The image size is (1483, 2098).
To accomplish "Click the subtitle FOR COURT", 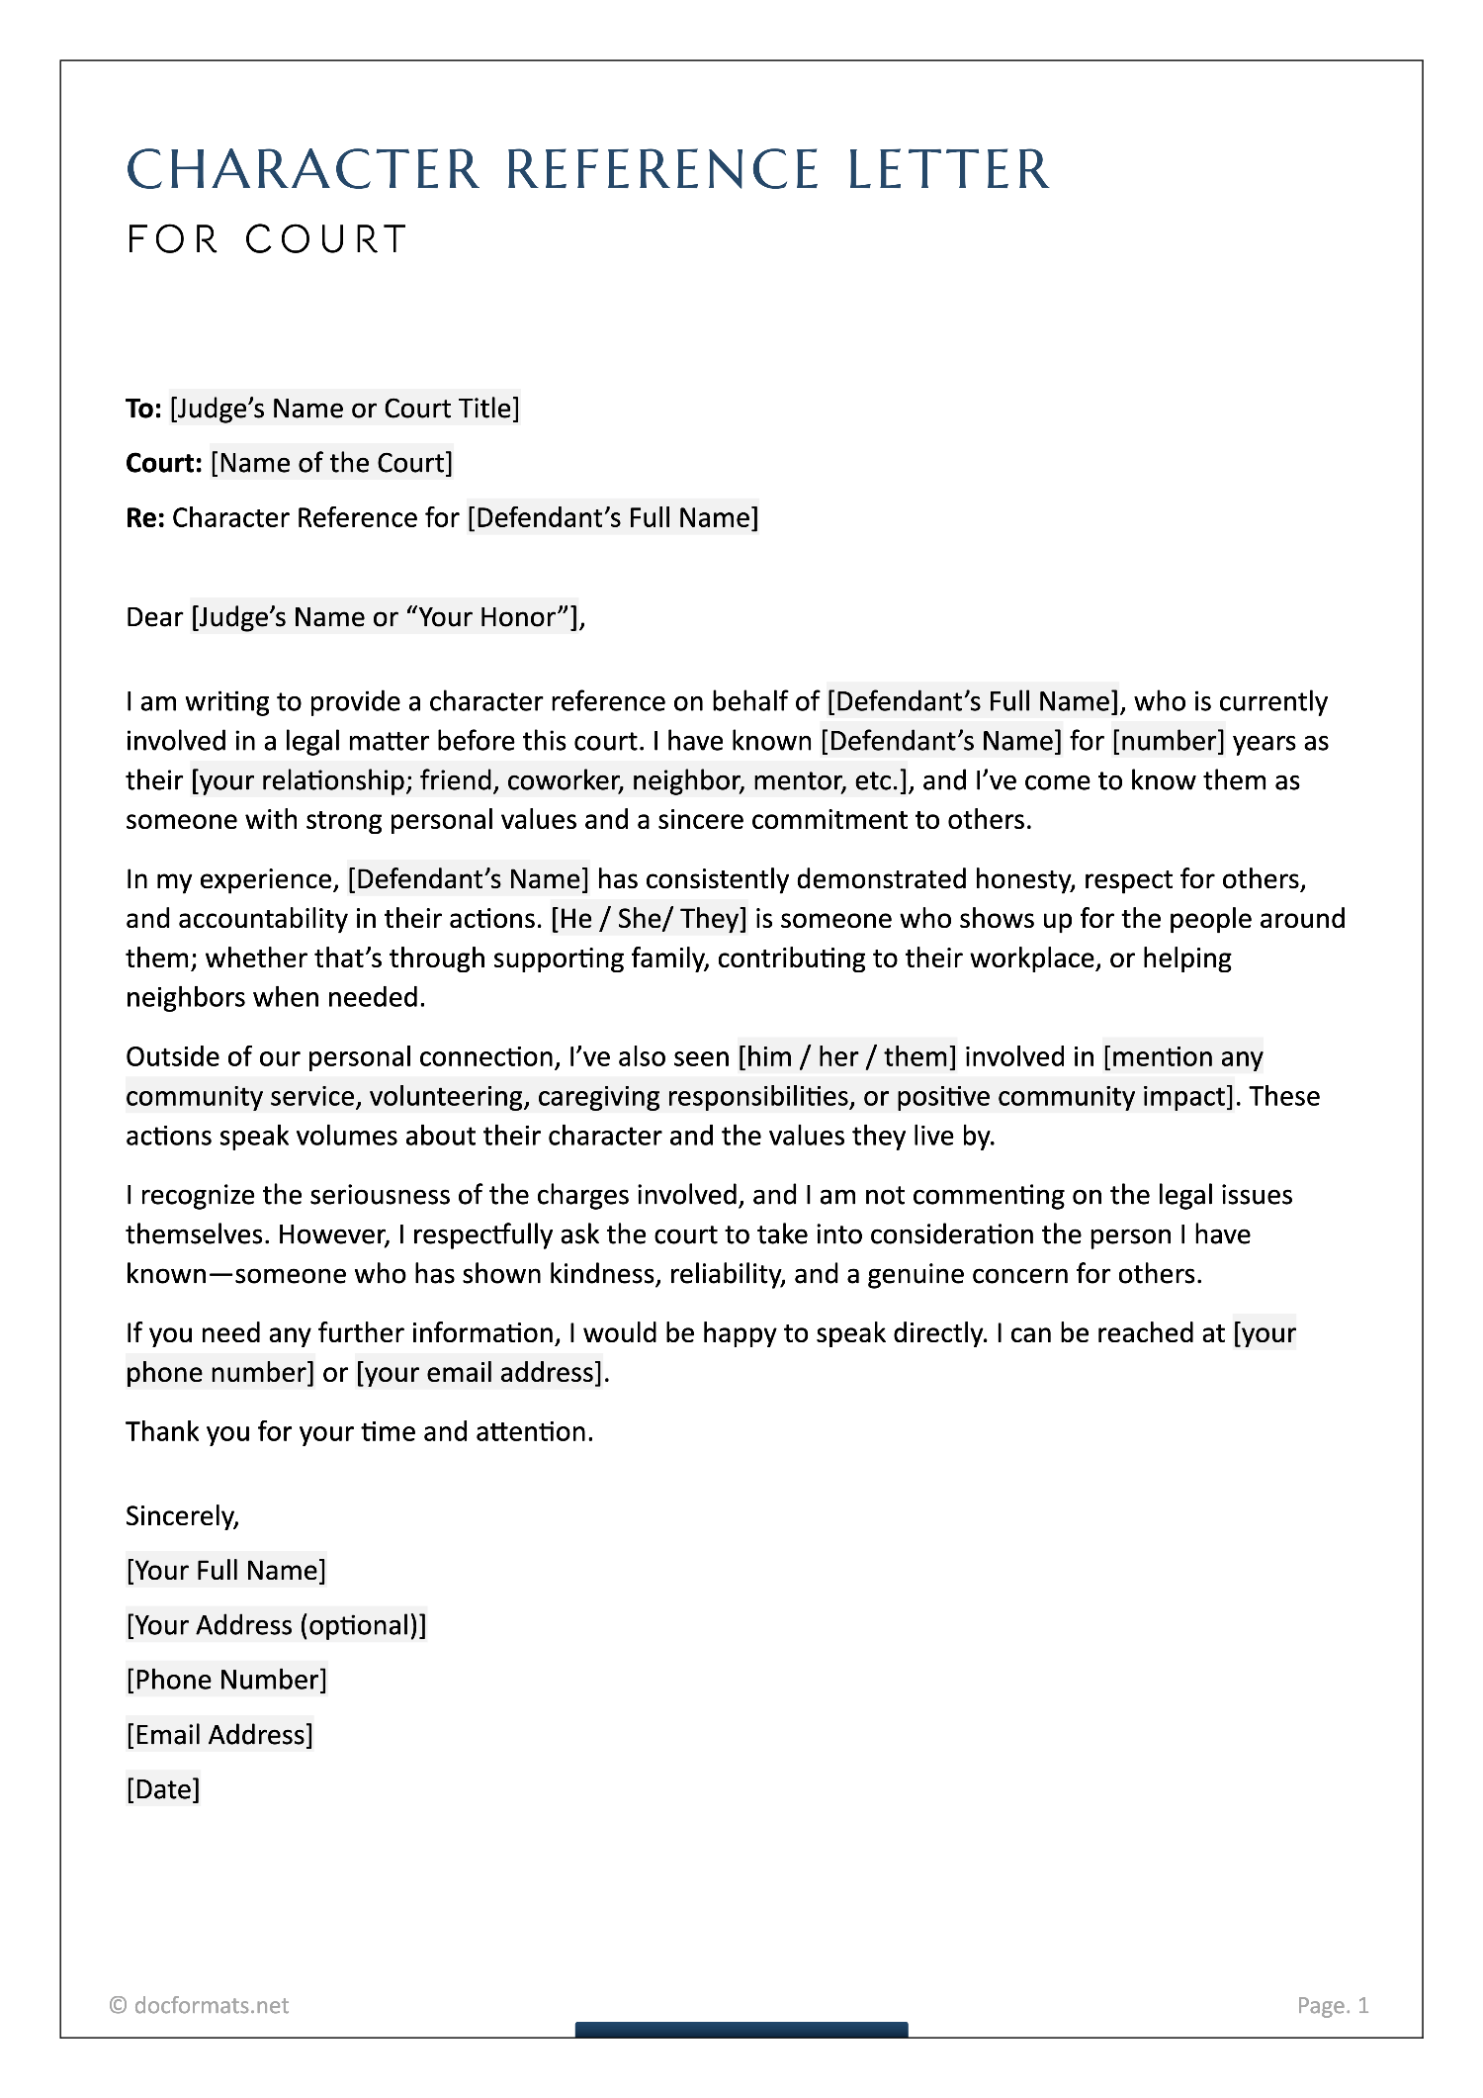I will pos(267,239).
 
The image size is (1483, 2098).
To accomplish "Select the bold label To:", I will pos(143,409).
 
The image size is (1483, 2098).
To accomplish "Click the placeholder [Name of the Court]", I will pos(331,463).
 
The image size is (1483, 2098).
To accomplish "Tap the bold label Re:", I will pos(144,518).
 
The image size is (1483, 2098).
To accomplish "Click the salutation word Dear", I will pos(154,617).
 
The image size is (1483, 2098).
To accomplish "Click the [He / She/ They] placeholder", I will pos(649,919).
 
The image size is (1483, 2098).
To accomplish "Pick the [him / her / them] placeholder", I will pos(847,1057).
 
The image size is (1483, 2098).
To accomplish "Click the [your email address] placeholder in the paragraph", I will pos(479,1373).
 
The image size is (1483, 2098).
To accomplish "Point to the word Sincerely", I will pos(182,1516).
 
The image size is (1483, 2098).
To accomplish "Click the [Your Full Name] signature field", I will pos(225,1571).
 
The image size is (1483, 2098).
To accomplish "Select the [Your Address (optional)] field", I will pos(276,1625).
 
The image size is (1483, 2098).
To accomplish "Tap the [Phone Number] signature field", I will pos(226,1680).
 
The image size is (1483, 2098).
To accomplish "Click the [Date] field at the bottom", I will pos(163,1788).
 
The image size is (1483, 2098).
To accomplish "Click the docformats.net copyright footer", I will pos(200,2005).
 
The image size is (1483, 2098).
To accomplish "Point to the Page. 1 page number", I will pos(1332,2005).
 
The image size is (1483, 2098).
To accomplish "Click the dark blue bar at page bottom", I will pos(741,2030).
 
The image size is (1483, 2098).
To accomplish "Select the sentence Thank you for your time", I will pos(359,1432).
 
